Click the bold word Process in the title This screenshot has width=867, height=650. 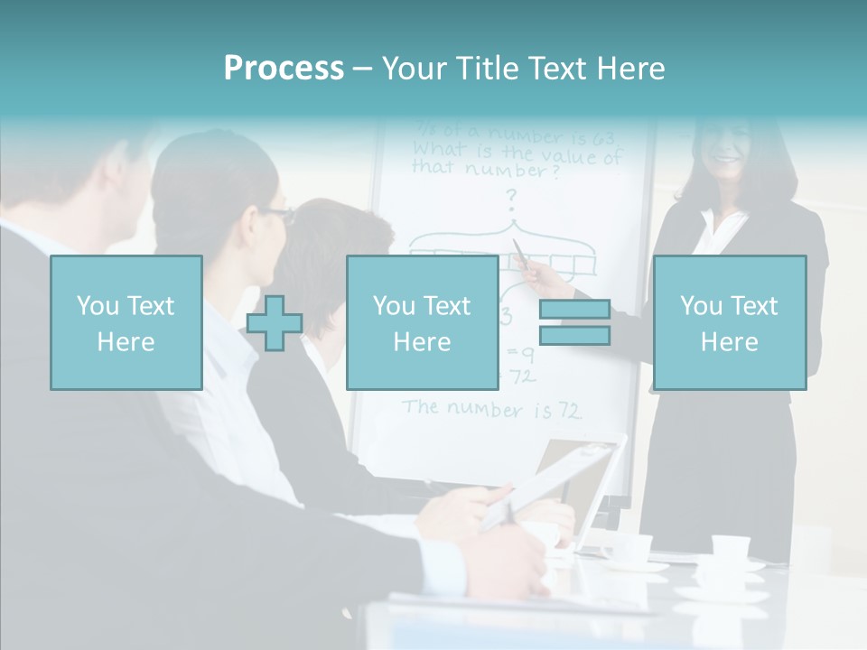284,69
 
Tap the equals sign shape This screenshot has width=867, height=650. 574,322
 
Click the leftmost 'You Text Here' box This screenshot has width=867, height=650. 126,322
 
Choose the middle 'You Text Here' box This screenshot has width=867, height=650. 423,322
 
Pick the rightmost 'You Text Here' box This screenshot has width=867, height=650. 730,322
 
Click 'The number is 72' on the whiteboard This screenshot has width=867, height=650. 492,409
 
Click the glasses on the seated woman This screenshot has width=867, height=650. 276,214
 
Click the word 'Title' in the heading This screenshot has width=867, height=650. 489,69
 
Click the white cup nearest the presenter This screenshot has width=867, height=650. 730,547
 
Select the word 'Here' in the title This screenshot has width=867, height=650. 629,69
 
